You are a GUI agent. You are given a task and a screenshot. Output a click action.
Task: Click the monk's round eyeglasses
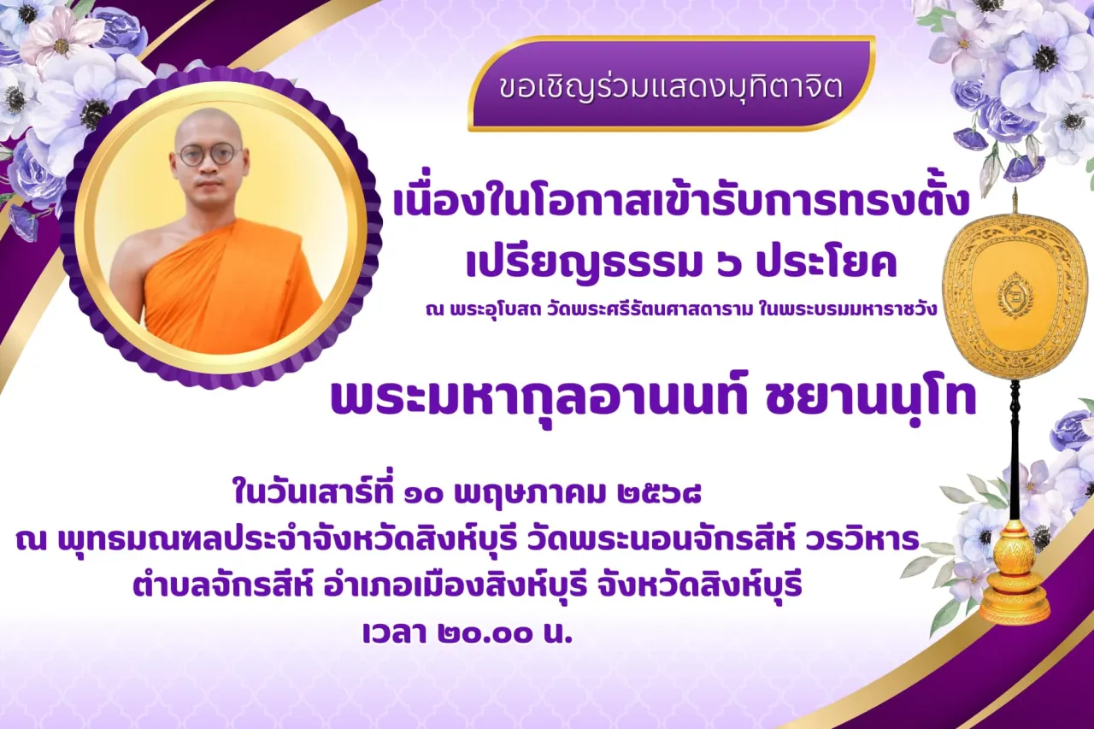coord(210,156)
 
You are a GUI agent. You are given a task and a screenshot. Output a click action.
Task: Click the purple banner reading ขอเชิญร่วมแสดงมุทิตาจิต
coord(672,84)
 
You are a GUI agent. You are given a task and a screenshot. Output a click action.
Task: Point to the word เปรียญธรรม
coord(581,264)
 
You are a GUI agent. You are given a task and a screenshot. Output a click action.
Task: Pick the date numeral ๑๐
coord(423,495)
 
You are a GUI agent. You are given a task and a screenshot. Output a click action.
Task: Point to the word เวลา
coord(396,633)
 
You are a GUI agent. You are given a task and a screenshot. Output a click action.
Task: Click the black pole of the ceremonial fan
coord(1015,450)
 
